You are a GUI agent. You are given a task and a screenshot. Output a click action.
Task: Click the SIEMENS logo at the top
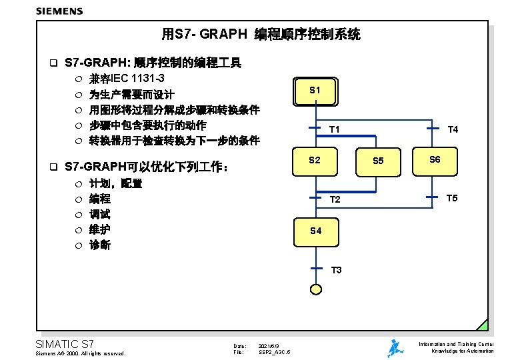click(x=59, y=11)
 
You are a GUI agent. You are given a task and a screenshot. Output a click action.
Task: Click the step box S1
click(x=315, y=90)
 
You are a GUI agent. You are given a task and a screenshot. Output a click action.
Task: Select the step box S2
click(x=315, y=160)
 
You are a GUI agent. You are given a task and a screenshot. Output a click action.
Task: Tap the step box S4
click(x=315, y=231)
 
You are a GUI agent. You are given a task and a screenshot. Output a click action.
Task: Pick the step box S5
click(x=378, y=161)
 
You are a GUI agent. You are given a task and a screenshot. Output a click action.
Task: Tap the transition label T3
click(x=336, y=270)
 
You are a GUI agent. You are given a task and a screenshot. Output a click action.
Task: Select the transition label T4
click(x=453, y=129)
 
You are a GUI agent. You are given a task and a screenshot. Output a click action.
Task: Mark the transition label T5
click(x=452, y=198)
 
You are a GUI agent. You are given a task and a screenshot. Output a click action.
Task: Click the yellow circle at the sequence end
click(x=315, y=288)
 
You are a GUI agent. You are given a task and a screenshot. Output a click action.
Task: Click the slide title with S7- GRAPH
click(x=261, y=34)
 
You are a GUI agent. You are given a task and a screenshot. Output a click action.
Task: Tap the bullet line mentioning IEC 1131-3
click(x=127, y=79)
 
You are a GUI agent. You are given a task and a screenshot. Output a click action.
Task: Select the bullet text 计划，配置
click(x=115, y=183)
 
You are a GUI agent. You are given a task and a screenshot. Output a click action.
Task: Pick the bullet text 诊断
click(x=100, y=245)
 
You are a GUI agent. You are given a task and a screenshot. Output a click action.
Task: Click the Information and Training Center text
click(x=456, y=344)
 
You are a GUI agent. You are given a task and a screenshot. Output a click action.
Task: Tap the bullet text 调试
click(x=100, y=214)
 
